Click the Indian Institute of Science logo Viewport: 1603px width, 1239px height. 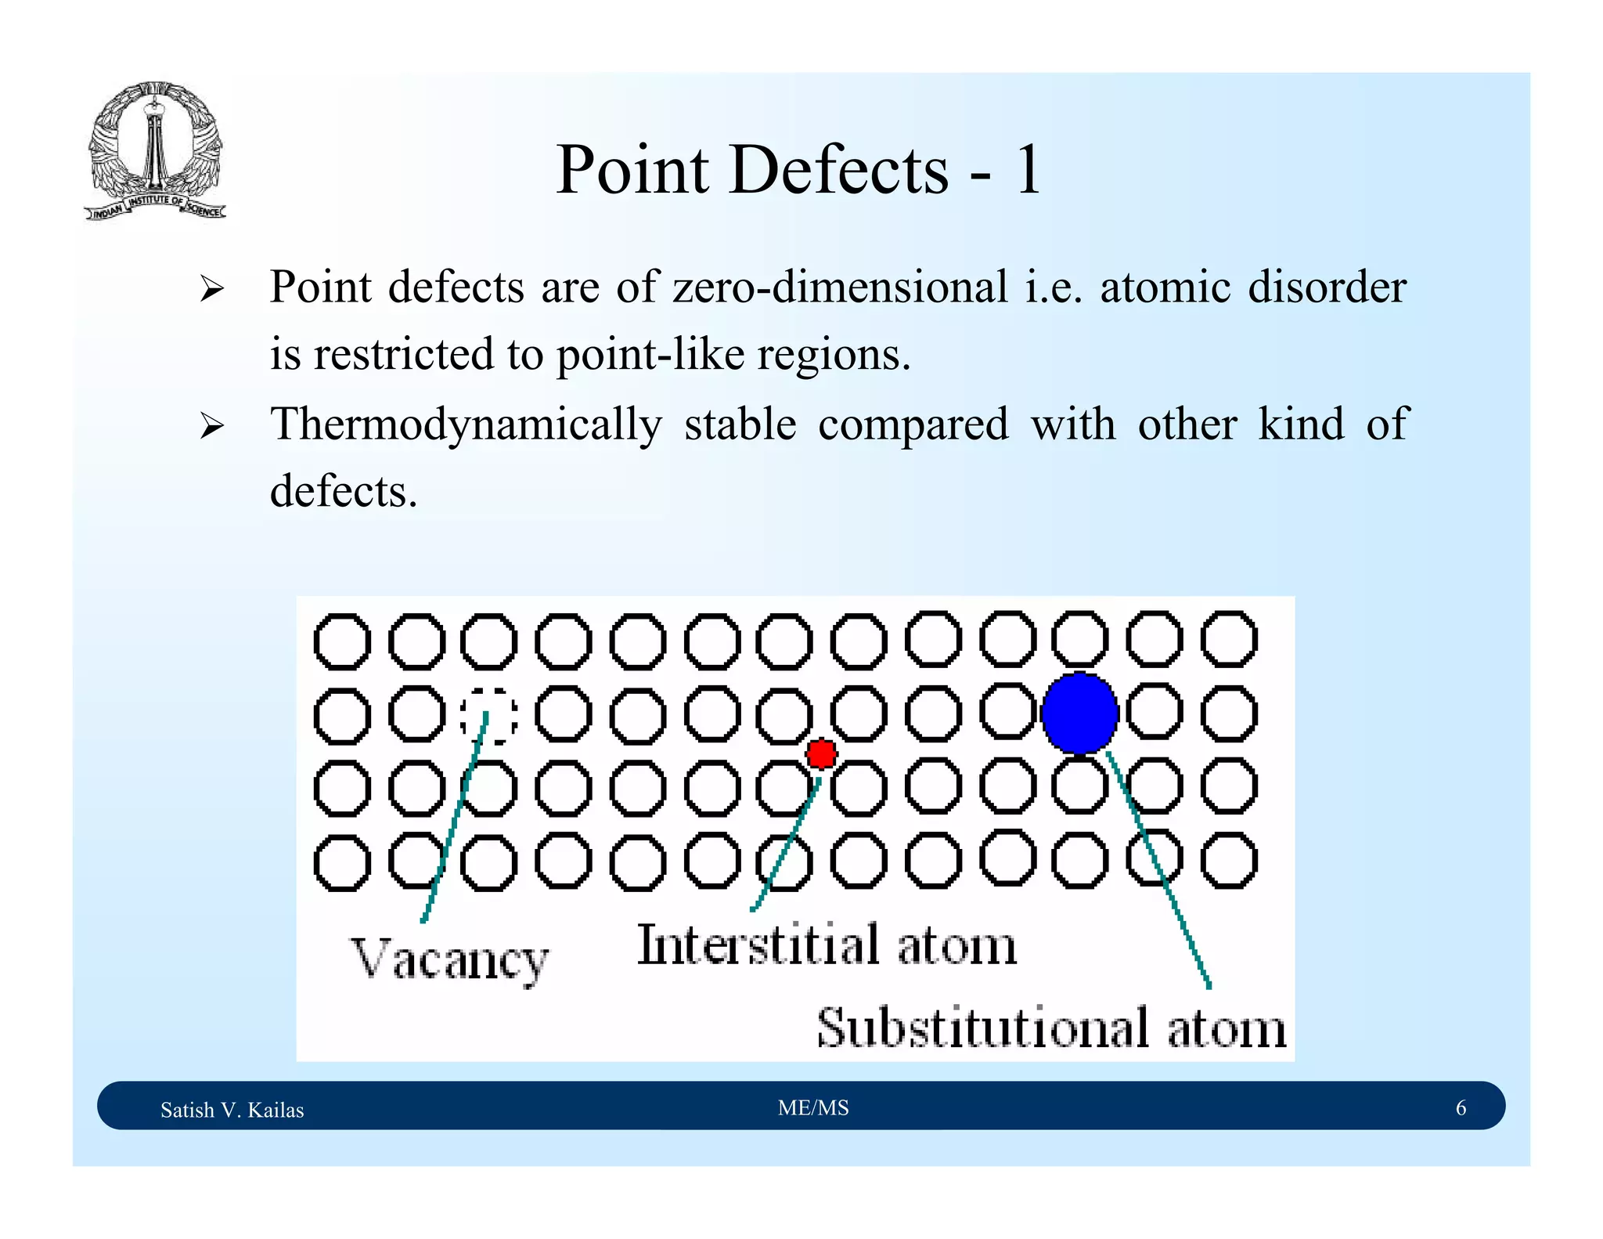click(x=155, y=151)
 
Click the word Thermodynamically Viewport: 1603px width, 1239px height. click(x=466, y=425)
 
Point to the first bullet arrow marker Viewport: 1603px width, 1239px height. click(x=211, y=289)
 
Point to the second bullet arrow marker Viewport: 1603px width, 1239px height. click(x=211, y=427)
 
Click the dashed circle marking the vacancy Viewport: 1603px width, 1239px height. click(x=488, y=716)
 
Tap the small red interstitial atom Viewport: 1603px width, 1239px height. click(x=821, y=754)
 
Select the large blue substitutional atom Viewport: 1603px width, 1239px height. click(x=1079, y=713)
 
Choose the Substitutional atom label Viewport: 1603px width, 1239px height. click(x=1050, y=1028)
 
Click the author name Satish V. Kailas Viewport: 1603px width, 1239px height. click(x=232, y=1110)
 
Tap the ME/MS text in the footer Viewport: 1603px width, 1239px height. click(x=812, y=1107)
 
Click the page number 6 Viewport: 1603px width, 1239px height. click(x=1460, y=1107)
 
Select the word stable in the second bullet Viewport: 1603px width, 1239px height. click(x=740, y=425)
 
